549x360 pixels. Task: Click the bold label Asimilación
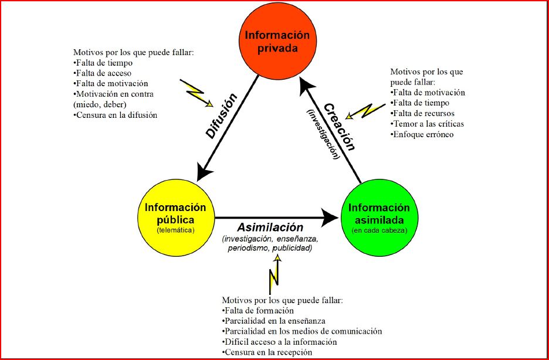coord(270,227)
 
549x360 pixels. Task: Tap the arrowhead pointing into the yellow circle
coord(204,171)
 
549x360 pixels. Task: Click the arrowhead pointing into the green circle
coord(332,218)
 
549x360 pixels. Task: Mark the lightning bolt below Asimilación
coord(273,275)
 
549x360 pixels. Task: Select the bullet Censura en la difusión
coord(116,115)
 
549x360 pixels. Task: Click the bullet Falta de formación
coord(258,310)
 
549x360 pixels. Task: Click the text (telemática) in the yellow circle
coord(175,230)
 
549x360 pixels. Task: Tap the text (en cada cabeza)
coord(378,230)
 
